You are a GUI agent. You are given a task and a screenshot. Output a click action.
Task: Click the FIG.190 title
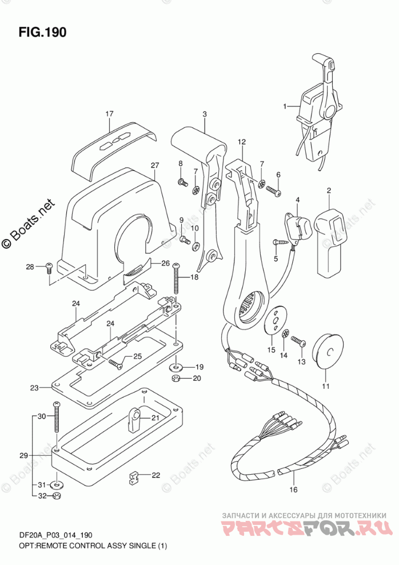(x=42, y=32)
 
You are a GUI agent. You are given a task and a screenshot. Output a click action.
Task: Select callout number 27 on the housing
(x=154, y=166)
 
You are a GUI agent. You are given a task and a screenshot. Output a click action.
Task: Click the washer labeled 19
(x=176, y=366)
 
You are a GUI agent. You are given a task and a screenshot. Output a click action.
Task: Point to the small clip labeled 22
(x=134, y=476)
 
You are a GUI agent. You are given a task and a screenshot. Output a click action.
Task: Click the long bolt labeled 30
(x=57, y=423)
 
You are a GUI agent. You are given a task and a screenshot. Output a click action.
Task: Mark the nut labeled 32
(x=57, y=496)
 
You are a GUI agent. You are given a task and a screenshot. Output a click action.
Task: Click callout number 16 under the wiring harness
(x=294, y=490)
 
